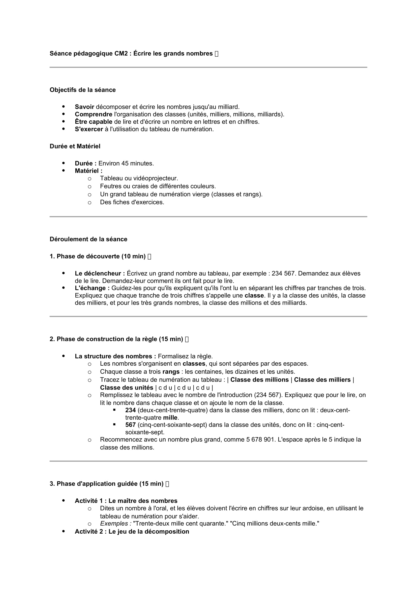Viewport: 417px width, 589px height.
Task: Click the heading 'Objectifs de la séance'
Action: [x=82, y=90]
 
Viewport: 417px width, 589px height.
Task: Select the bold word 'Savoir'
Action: [x=84, y=107]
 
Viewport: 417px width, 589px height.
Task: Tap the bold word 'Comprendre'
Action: [x=94, y=114]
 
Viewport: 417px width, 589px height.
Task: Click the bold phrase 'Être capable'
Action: [x=94, y=122]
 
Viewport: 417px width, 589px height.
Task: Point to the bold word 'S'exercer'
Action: [x=89, y=129]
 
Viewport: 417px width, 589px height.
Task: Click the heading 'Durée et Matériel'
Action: [x=75, y=146]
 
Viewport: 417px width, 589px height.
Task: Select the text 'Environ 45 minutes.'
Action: [x=126, y=163]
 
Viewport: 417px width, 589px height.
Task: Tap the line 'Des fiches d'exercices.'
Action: [x=132, y=202]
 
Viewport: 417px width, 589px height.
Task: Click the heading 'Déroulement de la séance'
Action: [x=88, y=239]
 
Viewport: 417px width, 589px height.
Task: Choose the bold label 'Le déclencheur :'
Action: [x=100, y=273]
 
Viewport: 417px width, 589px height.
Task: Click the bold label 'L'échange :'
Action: [x=92, y=288]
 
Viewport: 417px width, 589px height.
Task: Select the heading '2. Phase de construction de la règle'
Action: [x=116, y=339]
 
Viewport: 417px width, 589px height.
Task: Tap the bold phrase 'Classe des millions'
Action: [x=260, y=380]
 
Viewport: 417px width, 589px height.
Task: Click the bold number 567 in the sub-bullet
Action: [x=130, y=425]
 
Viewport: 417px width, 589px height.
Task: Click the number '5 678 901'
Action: [x=260, y=439]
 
